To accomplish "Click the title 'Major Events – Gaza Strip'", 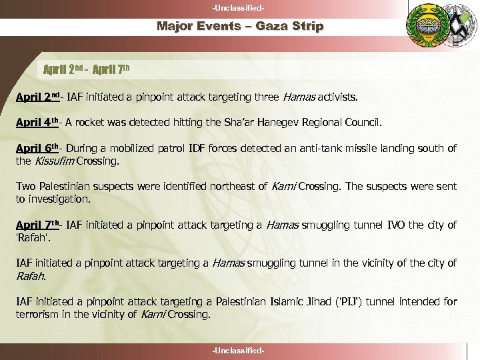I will tap(240, 27).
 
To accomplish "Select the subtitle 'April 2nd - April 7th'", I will tap(91, 69).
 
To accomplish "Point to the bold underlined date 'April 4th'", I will tap(37, 123).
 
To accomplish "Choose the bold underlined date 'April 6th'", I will tap(37, 149).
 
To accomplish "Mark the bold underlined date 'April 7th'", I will tap(37, 225).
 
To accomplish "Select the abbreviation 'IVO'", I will tap(397, 225).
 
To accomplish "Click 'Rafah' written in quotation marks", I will tap(31, 238).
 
